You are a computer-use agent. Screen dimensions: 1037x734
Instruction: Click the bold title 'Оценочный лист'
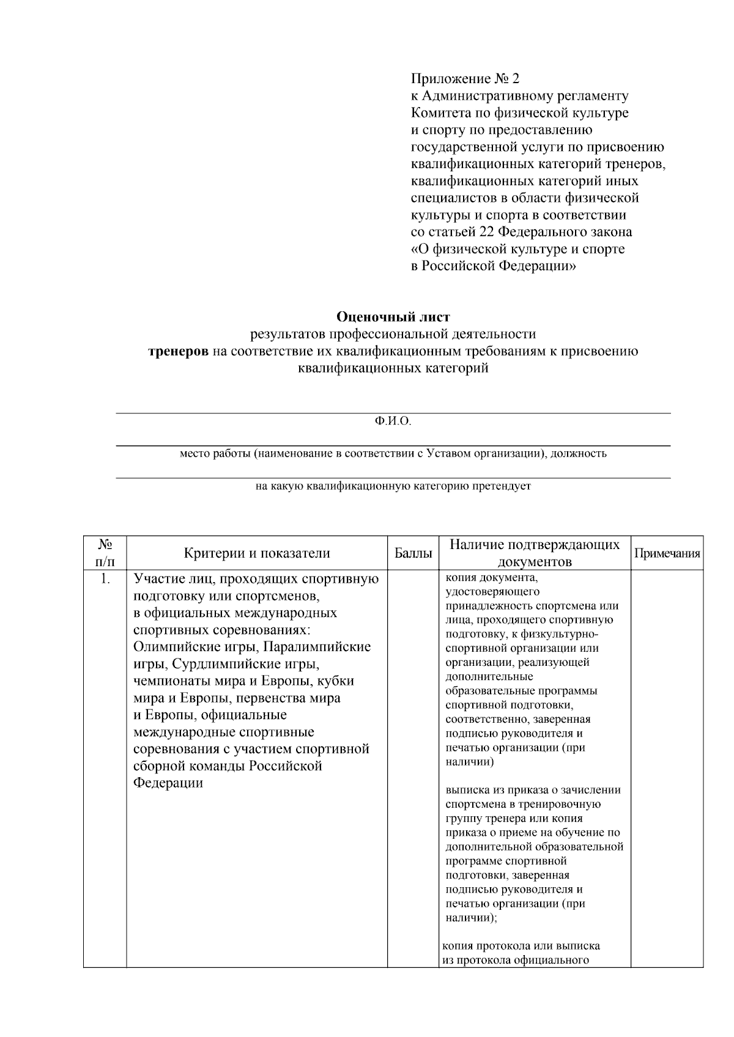click(393, 317)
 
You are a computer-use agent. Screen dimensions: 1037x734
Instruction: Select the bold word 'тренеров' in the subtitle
click(179, 351)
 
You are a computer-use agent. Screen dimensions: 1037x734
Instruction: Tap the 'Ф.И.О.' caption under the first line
click(393, 422)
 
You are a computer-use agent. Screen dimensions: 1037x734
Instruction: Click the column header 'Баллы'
click(413, 553)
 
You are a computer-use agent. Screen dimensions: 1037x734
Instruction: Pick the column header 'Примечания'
click(667, 553)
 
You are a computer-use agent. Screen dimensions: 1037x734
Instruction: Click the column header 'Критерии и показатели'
click(257, 553)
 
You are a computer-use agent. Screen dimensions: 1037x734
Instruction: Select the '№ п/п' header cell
click(105, 552)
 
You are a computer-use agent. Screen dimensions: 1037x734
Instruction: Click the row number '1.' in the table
click(105, 578)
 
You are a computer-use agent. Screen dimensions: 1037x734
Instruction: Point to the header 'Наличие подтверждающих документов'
click(535, 553)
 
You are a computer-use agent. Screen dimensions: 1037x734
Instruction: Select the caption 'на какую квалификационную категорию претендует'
click(393, 487)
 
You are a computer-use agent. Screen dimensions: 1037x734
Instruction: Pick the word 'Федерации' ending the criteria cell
click(168, 783)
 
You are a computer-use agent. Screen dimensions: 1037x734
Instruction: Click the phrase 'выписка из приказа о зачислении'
click(533, 789)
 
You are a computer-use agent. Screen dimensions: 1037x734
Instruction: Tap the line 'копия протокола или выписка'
click(521, 945)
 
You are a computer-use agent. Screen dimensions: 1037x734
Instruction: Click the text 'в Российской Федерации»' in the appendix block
click(493, 266)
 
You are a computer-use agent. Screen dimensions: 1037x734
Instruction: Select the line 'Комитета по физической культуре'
click(519, 113)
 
